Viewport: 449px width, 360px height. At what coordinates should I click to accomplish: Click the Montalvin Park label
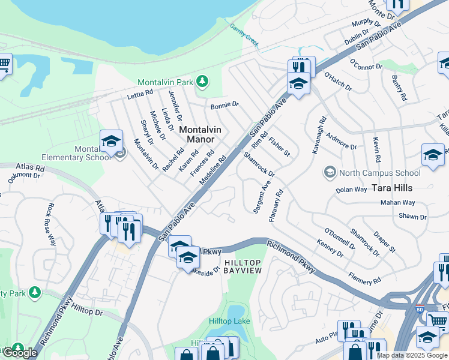[167, 82]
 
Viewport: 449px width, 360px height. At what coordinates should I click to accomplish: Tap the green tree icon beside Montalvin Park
[203, 81]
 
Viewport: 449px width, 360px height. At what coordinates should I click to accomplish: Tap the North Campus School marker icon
[329, 173]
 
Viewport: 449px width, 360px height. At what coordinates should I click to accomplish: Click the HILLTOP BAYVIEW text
[243, 267]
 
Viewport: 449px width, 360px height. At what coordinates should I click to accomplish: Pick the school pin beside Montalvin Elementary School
[111, 142]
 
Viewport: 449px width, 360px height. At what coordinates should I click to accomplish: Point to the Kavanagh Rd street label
[315, 139]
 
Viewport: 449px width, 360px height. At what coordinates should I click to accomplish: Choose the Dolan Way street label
[351, 189]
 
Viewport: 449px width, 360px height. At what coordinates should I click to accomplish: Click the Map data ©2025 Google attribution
[412, 355]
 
